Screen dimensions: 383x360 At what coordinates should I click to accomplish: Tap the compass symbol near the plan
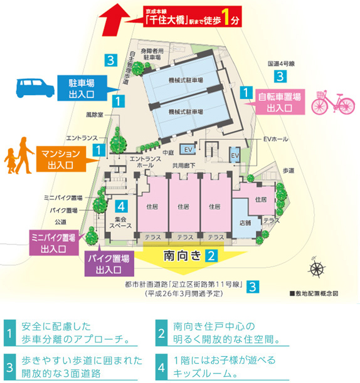click(317, 268)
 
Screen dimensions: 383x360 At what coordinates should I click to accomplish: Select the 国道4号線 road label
click(280, 64)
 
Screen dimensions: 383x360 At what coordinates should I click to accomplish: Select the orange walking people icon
click(18, 157)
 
